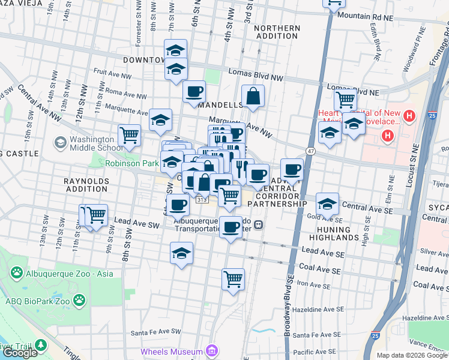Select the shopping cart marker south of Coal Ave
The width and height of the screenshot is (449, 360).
coord(233,278)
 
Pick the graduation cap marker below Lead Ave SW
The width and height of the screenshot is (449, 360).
coord(181,253)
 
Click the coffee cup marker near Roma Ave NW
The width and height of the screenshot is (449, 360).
coord(194,92)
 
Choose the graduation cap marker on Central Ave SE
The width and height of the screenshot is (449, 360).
coord(327,203)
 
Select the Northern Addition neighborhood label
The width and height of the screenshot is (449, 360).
coord(277,32)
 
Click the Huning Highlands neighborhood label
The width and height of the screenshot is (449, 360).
coord(337,232)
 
